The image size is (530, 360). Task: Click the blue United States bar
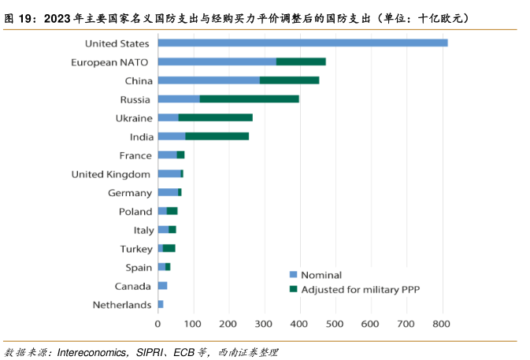302,43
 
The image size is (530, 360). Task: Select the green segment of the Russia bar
249,98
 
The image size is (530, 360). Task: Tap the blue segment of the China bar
209,80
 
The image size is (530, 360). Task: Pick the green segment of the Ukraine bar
215,117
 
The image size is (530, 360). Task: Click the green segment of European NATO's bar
301,61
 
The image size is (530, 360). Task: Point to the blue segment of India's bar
171,136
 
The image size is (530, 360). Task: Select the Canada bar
162,285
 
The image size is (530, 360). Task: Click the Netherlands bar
161,304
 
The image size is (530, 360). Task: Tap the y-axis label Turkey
135,248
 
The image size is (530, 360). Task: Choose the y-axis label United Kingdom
111,174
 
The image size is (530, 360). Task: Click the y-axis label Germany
130,193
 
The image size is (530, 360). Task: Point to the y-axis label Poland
135,211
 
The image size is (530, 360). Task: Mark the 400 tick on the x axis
299,324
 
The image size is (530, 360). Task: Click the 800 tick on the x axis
441,324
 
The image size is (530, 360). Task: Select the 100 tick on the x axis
193,324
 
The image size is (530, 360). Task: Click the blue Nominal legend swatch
294,274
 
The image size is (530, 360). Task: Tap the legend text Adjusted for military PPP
354,289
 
